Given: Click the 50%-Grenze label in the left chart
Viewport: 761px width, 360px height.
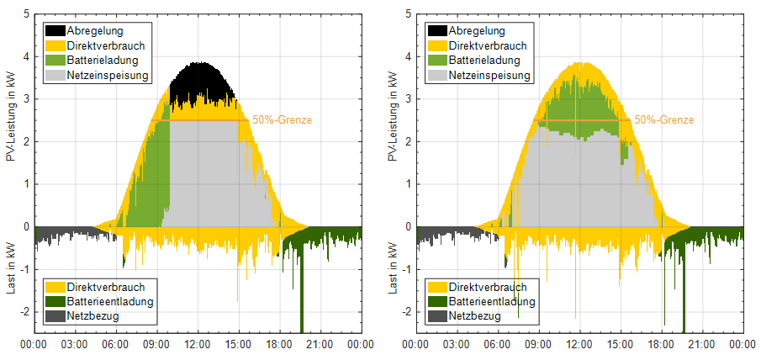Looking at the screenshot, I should [282, 120].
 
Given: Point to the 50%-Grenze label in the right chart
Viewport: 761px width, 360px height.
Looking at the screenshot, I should [663, 120].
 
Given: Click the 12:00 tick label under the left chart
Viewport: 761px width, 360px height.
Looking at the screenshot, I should [198, 343].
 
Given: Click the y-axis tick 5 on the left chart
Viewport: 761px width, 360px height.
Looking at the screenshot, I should [26, 14].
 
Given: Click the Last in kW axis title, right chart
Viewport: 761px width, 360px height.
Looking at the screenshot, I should [394, 269].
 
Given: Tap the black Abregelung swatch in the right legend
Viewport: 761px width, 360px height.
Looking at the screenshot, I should [437, 30].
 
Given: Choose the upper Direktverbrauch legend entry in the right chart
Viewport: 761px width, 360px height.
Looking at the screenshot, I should [488, 45].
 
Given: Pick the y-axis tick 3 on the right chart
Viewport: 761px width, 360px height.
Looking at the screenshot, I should [408, 99].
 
